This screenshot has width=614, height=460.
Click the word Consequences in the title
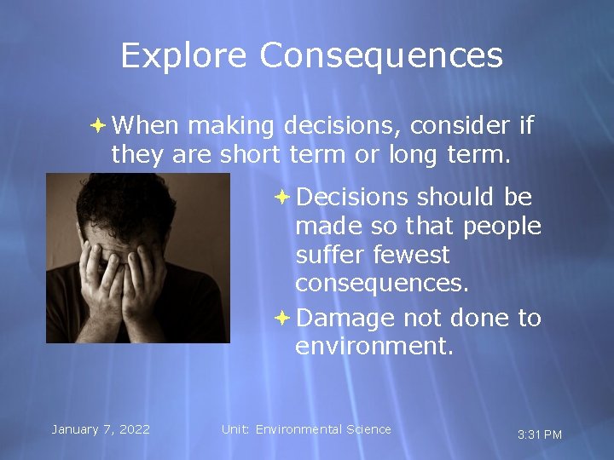pos(381,56)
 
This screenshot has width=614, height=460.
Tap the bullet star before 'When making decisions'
pos(98,125)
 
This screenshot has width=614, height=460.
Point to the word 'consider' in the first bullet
pos(460,126)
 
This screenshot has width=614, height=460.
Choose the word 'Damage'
pos(346,318)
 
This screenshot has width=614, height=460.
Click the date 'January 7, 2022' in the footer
pos(101,429)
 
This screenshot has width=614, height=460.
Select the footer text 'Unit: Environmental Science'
pos(306,429)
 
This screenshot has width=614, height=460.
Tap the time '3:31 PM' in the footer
pos(540,434)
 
